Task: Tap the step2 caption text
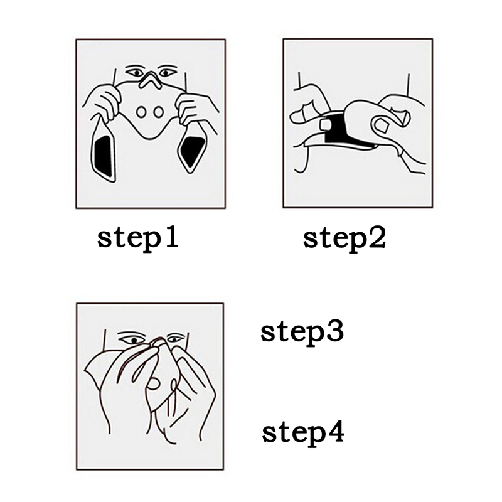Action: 344,240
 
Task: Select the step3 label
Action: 302,333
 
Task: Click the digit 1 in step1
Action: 171,237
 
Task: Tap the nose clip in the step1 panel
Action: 151,81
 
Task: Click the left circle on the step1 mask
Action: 141,112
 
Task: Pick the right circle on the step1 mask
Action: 158,112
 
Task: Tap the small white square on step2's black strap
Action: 326,125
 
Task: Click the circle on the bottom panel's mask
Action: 154,383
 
